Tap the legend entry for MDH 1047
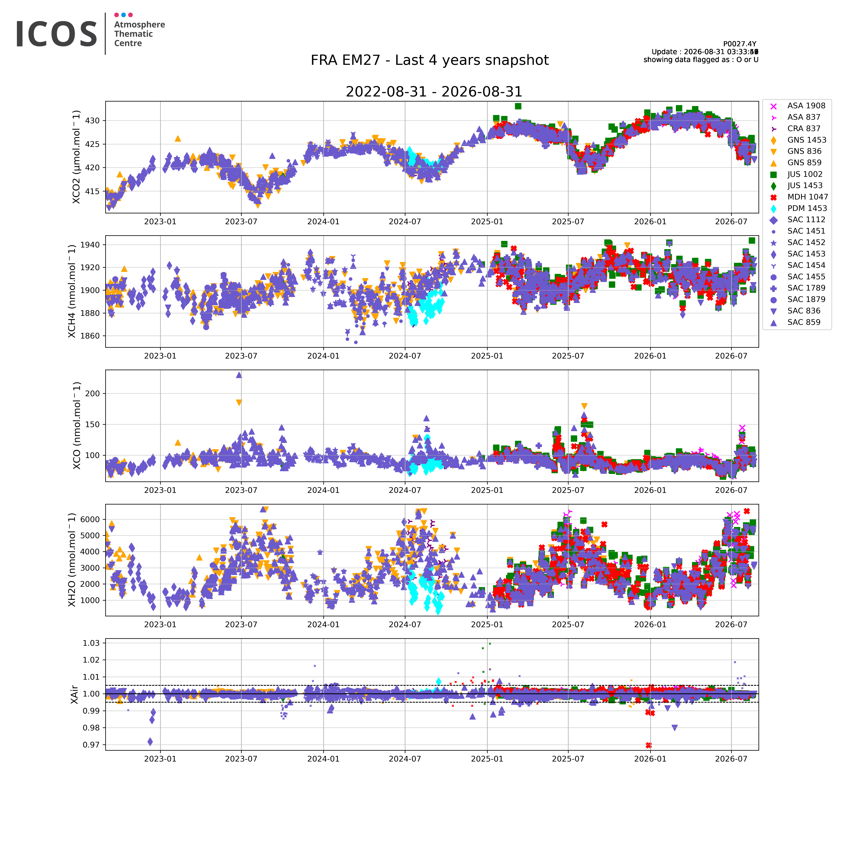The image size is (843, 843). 798,197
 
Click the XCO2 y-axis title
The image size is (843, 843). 76,157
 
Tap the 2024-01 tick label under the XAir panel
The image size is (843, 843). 323,759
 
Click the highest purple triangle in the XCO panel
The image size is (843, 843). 239,375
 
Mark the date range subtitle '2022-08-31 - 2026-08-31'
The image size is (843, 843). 434,92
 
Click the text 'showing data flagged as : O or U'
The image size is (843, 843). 701,60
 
